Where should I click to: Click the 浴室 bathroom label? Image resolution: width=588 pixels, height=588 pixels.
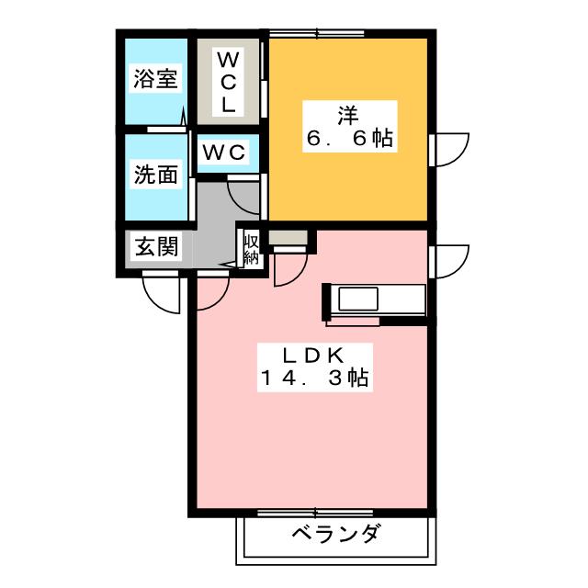point(155,79)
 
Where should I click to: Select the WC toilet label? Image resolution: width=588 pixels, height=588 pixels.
point(224,153)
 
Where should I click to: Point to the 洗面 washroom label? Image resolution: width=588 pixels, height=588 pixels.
point(155,175)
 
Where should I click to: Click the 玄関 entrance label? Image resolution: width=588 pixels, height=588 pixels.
point(156,246)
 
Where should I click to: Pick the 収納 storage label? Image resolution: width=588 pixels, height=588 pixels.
point(251,246)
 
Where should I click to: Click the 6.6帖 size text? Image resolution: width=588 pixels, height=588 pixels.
point(349,140)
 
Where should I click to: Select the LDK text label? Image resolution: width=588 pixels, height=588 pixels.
point(312,354)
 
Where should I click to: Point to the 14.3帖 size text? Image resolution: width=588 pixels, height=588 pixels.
point(312,378)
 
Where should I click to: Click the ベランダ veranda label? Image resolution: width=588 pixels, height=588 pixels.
point(335,533)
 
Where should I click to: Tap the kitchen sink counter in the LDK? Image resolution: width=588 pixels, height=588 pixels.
point(375,300)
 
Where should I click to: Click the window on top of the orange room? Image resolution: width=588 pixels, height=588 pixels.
point(317,34)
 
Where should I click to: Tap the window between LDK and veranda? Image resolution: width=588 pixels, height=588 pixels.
point(317,512)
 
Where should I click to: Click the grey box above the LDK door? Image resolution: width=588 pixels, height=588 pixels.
point(290,238)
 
